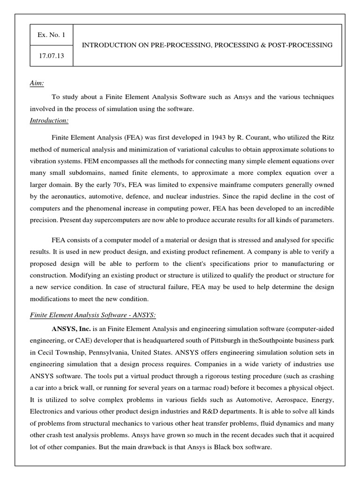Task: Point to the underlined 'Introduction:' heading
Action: [x=49, y=120]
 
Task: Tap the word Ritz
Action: [x=327, y=138]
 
